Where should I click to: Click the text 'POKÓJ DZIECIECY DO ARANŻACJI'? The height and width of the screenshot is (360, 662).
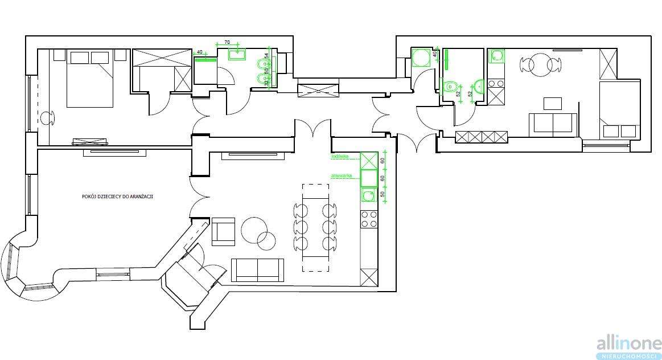coord(118,196)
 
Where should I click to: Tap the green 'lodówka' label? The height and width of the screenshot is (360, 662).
coord(339,156)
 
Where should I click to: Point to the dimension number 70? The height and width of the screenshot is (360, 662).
coord(227,43)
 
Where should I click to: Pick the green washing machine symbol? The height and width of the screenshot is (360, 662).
coord(420,59)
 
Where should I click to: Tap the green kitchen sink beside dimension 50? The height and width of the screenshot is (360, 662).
coord(368,196)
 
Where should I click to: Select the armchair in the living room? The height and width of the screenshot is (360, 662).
coord(223,231)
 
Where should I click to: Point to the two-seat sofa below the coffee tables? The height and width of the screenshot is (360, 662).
coord(257,269)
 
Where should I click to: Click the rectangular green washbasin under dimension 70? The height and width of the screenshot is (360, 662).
coord(236,55)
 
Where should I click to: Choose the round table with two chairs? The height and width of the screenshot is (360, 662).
coord(541,64)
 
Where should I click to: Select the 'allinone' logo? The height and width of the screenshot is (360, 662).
coord(628,343)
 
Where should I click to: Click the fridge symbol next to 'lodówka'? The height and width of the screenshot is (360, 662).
coord(369,160)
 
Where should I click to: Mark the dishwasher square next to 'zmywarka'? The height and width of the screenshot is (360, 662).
coord(369,178)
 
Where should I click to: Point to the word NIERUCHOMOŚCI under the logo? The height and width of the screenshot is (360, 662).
coord(628,356)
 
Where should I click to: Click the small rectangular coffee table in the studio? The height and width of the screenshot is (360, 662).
coord(552,103)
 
